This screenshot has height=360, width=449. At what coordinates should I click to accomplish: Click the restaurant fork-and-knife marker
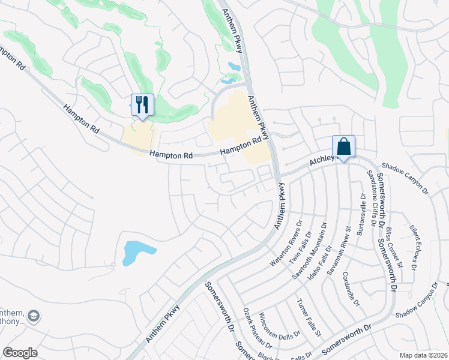[x=142, y=105]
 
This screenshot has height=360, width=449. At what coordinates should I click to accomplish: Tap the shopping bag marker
[x=343, y=146]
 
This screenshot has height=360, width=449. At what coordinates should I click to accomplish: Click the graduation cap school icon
[x=35, y=316]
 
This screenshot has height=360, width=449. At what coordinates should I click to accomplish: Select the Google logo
[x=20, y=353]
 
